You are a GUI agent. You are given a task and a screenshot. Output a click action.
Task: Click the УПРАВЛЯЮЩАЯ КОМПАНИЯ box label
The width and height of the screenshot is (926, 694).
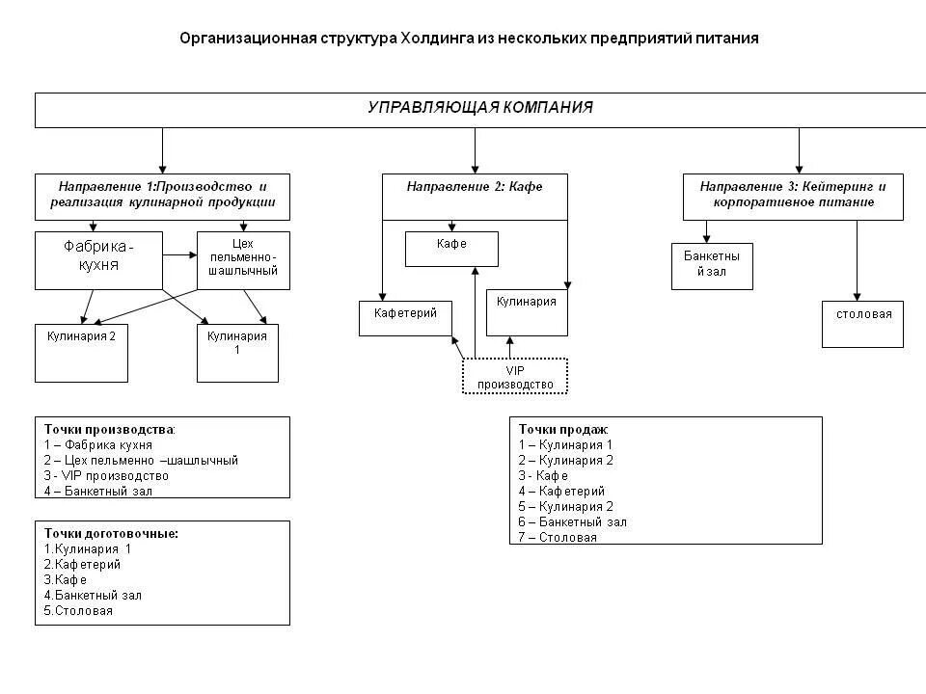[x=479, y=108]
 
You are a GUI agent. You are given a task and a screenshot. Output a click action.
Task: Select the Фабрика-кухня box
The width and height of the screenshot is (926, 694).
[x=98, y=259]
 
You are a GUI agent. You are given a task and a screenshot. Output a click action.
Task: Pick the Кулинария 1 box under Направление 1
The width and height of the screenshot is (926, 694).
[x=237, y=353]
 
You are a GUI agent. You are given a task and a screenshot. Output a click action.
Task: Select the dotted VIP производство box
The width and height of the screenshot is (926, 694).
[x=515, y=376]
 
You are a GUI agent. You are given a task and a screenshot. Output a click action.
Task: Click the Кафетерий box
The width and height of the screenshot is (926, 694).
[x=405, y=318]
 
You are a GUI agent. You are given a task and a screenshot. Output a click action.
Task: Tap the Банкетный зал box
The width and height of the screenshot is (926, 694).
[x=712, y=265]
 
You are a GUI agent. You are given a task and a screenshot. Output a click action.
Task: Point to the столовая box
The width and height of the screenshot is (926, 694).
[x=862, y=324]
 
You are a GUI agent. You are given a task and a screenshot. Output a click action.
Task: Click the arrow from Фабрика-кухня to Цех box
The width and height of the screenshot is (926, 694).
[x=179, y=255]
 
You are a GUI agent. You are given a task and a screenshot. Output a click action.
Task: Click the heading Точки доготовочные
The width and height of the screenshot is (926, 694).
[x=111, y=533]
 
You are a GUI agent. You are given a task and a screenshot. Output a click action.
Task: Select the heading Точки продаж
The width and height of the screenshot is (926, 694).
[x=562, y=429]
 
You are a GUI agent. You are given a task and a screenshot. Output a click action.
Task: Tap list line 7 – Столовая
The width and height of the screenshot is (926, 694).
[x=558, y=537]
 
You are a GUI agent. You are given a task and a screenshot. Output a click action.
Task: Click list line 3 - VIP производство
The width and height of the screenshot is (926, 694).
[x=106, y=475]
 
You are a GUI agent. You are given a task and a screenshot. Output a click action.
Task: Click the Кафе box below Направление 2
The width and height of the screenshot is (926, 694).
[x=451, y=249]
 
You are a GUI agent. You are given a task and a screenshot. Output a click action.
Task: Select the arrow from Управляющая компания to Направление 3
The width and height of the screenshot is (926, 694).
[x=799, y=150]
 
